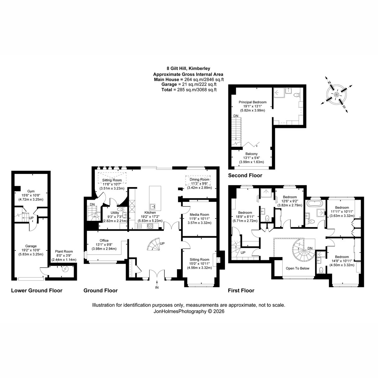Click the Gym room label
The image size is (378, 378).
[31, 191]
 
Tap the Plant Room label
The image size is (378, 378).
[64, 251]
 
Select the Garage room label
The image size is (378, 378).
[31, 246]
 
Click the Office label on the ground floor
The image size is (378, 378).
[104, 240]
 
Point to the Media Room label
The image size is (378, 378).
[199, 215]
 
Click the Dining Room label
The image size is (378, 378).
[199, 180]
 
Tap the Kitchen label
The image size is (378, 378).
[150, 212]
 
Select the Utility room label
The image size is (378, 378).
[115, 213]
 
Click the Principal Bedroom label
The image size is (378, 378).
[252, 102]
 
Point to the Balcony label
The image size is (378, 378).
[251, 154]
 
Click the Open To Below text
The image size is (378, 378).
[297, 268]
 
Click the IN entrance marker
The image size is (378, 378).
[157, 288]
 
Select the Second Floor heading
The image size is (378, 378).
[245, 175]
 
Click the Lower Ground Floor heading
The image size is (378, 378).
[37, 290]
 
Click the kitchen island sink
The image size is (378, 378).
[153, 207]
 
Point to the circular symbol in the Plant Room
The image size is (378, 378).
[65, 269]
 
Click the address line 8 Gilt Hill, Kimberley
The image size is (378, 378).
[188, 68]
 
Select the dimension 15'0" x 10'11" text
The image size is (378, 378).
[199, 263]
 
